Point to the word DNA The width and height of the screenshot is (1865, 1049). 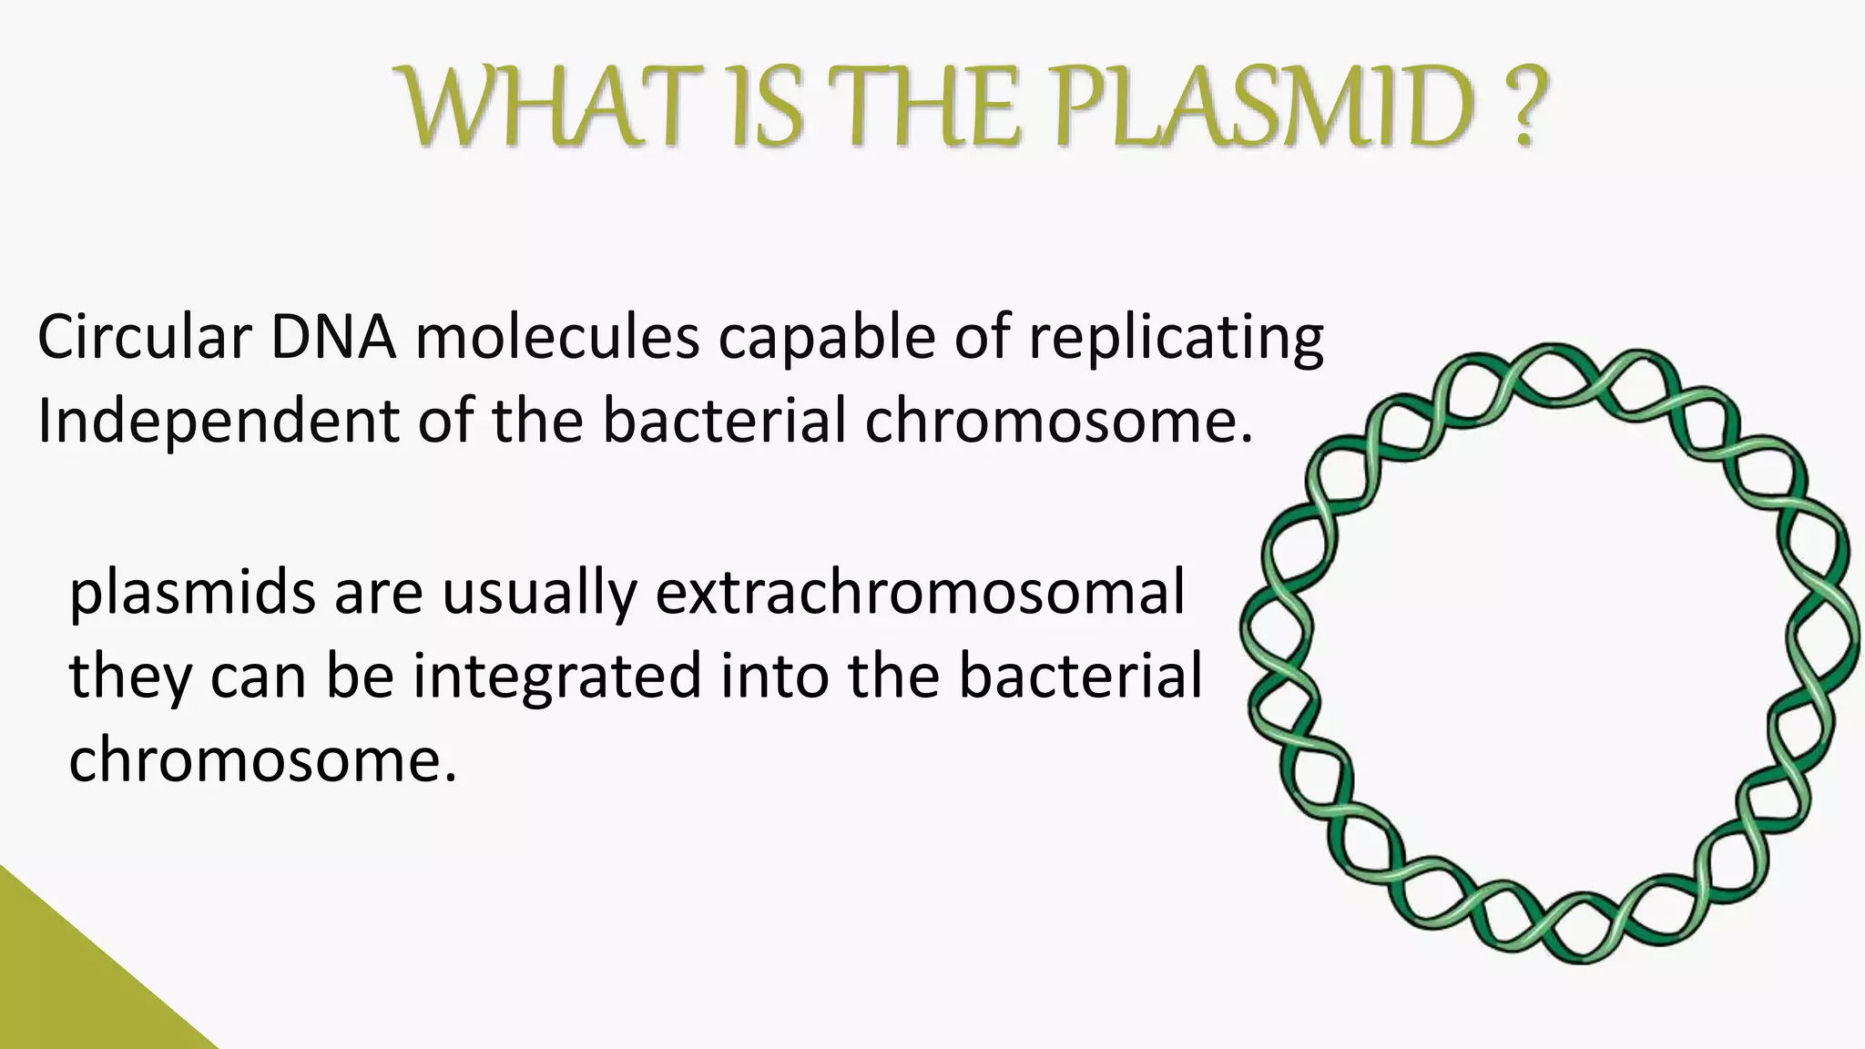(332, 337)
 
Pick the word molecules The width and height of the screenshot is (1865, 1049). (556, 337)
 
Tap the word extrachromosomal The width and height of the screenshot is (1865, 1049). (920, 594)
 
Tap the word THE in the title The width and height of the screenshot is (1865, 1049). (937, 111)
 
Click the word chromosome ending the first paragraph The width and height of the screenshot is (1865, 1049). (1057, 423)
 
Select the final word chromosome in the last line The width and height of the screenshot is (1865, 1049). (260, 761)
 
